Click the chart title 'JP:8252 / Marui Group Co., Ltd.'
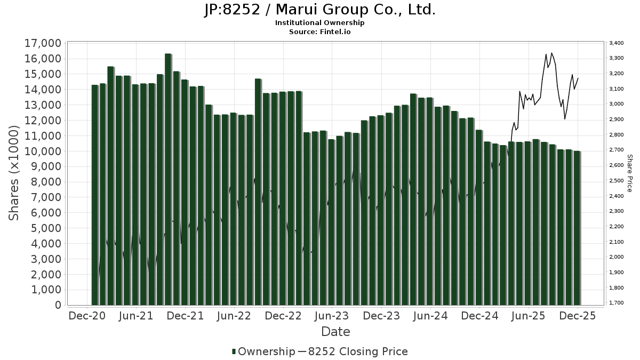point(320,10)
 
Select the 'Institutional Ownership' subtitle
point(320,23)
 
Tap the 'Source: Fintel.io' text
point(320,32)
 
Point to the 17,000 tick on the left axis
point(42,43)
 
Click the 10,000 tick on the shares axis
point(42,151)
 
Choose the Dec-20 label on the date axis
point(87,316)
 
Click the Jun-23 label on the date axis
point(332,316)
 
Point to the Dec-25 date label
point(577,316)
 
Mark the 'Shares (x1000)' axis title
point(15,173)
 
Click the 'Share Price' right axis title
point(629,173)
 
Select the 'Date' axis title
point(335,332)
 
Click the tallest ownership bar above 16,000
point(168,179)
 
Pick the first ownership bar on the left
point(95,195)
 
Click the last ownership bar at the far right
point(577,228)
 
